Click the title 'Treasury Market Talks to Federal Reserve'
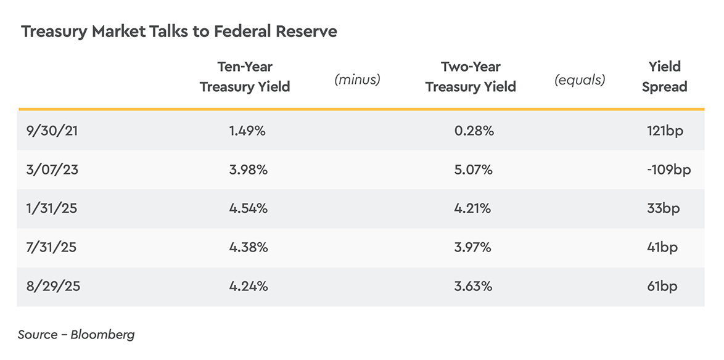(179, 31)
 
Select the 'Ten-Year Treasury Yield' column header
(245, 77)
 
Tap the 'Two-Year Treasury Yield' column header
(471, 77)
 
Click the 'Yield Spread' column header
(664, 77)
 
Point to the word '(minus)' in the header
(357, 80)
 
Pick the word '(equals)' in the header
(580, 80)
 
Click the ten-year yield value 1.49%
(247, 131)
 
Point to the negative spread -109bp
(668, 170)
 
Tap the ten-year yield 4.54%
(248, 208)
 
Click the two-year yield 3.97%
(472, 247)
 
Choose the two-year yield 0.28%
(474, 131)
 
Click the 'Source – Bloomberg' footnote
(76, 335)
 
